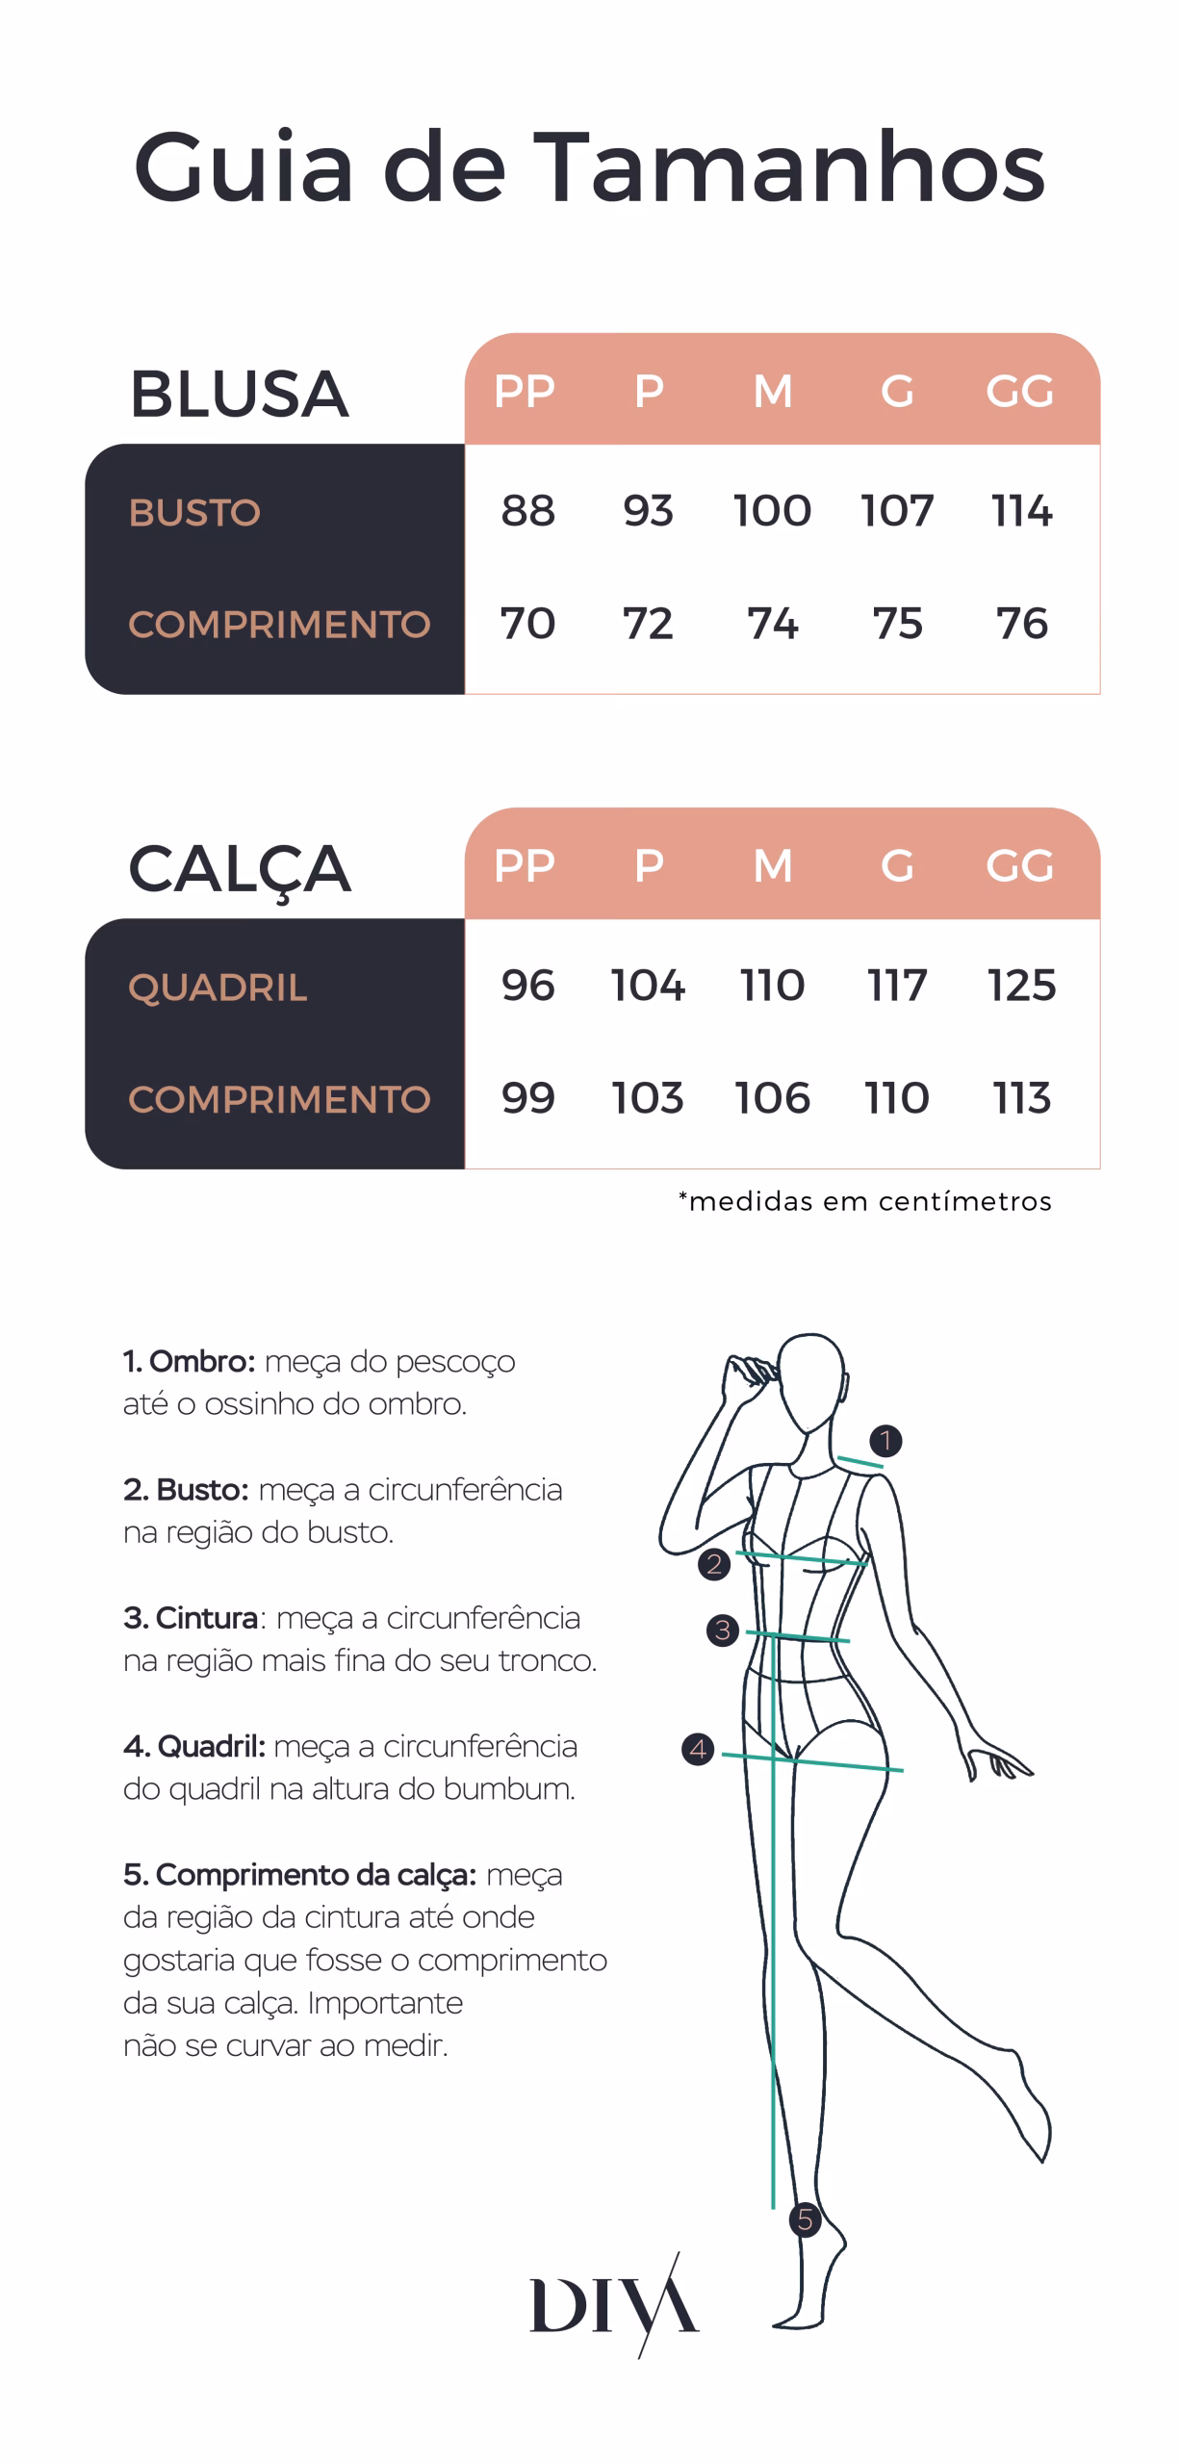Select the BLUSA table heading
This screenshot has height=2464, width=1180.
coord(239,394)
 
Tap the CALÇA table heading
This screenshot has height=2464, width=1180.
coord(240,869)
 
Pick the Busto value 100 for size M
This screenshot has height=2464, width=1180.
coord(772,510)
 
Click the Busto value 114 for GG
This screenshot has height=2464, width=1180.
coord(1021,510)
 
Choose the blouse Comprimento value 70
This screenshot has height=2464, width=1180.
coord(527,623)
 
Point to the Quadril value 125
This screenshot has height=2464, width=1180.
coord(1021,985)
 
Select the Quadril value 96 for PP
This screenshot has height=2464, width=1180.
coord(527,985)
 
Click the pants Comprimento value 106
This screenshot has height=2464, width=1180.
coord(772,1097)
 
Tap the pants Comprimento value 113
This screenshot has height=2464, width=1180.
coord(1021,1097)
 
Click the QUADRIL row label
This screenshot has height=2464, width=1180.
coord(218,988)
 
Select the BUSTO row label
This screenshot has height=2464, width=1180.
coord(194,512)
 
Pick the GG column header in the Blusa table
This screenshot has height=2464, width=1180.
coord(1019,391)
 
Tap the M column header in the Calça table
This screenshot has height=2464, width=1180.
coord(773,865)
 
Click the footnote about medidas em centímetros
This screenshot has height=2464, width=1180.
coord(864,1200)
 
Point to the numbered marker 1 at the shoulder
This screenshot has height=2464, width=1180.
coord(885,1441)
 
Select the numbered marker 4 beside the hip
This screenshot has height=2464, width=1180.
coord(698,1749)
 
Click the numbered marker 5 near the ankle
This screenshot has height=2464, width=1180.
coord(805,2220)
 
